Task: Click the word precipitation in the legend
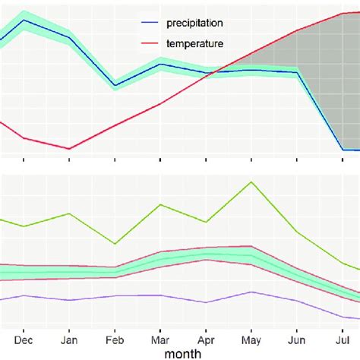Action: tap(194, 24)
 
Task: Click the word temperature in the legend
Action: tap(193, 45)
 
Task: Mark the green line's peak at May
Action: tap(251, 182)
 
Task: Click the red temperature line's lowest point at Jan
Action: tap(69, 149)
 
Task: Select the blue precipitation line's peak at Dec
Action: tap(24, 21)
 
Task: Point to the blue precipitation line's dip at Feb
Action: tap(115, 85)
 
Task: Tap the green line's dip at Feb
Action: tap(115, 244)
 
